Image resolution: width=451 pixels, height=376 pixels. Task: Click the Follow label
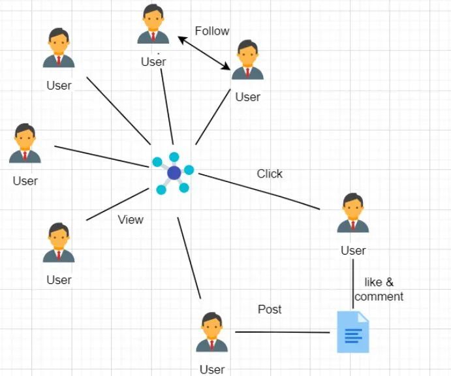(212, 31)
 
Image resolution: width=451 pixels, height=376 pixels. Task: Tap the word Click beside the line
(270, 174)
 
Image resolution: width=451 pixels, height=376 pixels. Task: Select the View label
(131, 219)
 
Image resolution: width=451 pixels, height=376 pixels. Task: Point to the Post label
(270, 309)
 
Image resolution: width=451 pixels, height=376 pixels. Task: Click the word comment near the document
(379, 296)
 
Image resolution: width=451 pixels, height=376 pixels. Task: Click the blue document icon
(352, 332)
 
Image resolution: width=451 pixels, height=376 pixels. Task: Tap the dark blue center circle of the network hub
(174, 173)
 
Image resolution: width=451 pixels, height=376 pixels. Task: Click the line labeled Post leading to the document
(282, 332)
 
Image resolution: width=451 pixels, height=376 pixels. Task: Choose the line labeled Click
(260, 191)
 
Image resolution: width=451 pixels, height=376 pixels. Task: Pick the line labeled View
(117, 204)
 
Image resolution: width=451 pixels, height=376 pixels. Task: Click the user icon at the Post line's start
(212, 333)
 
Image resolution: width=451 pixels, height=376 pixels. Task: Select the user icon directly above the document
(353, 213)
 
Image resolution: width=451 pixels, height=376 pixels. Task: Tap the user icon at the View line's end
(59, 243)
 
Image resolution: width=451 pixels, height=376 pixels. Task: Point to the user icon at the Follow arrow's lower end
(247, 60)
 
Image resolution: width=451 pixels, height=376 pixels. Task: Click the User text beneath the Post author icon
(212, 369)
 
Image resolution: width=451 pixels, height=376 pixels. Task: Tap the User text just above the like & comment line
(353, 251)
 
